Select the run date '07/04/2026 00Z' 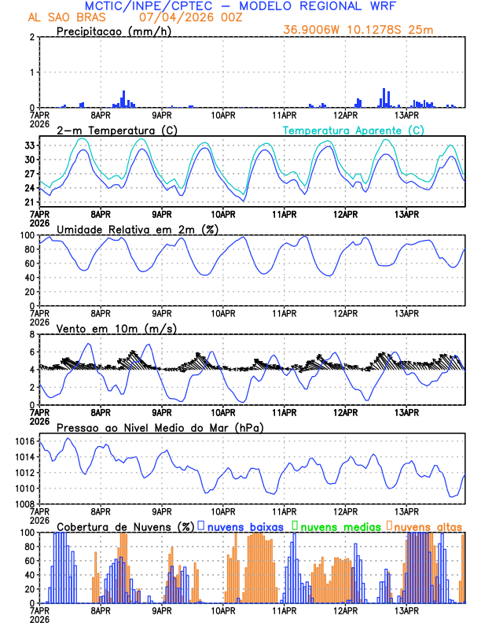(190, 17)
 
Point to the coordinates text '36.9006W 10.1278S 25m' (358, 30)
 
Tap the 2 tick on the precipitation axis (31, 37)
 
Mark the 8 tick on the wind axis (31, 334)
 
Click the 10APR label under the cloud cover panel (222, 610)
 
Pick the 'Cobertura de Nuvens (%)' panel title (127, 525)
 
